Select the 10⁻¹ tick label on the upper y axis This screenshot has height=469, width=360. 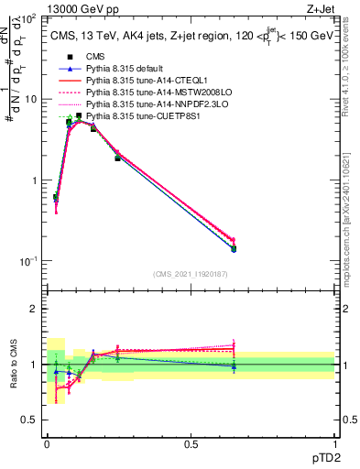pyautogui.click(x=27, y=261)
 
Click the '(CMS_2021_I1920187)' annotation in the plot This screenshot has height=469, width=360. pyautogui.click(x=191, y=274)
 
